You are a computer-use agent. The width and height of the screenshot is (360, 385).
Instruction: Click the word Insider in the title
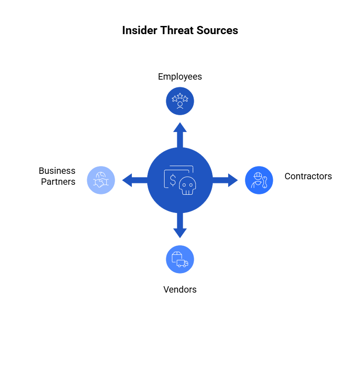pyautogui.click(x=140, y=30)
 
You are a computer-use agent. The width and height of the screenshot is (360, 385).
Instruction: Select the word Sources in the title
pyautogui.click(x=217, y=30)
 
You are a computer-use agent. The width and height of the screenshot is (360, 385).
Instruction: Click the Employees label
pyautogui.click(x=180, y=77)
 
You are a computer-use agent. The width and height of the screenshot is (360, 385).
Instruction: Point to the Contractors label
pyautogui.click(x=308, y=176)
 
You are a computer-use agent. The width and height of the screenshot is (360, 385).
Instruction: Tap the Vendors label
pyautogui.click(x=180, y=289)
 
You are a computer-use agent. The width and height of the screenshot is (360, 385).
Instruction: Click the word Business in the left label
pyautogui.click(x=57, y=171)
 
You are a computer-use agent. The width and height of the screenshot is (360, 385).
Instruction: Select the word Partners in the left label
pyautogui.click(x=58, y=182)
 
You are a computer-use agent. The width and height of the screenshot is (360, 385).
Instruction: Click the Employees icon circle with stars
pyautogui.click(x=180, y=101)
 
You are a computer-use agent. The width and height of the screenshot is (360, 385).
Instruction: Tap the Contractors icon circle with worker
pyautogui.click(x=259, y=180)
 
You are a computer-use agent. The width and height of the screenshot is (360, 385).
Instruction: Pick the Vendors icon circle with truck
pyautogui.click(x=180, y=259)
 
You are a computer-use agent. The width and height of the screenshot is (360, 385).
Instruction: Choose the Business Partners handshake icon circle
pyautogui.click(x=101, y=180)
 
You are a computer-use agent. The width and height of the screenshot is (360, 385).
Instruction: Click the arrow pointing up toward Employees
pyautogui.click(x=180, y=135)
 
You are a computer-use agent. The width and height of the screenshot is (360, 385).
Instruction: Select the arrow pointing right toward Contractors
pyautogui.click(x=225, y=180)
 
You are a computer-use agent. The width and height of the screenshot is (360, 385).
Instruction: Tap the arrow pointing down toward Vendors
pyautogui.click(x=180, y=225)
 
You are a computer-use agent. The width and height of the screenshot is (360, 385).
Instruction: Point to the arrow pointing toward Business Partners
pyautogui.click(x=135, y=180)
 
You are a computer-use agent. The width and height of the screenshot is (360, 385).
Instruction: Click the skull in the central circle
pyautogui.click(x=188, y=186)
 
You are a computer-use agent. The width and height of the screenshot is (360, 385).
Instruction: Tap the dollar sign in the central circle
pyautogui.click(x=173, y=180)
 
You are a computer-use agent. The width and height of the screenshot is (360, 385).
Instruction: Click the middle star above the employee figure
pyautogui.click(x=180, y=96)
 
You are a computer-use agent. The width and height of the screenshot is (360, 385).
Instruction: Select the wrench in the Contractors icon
pyautogui.click(x=265, y=182)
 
